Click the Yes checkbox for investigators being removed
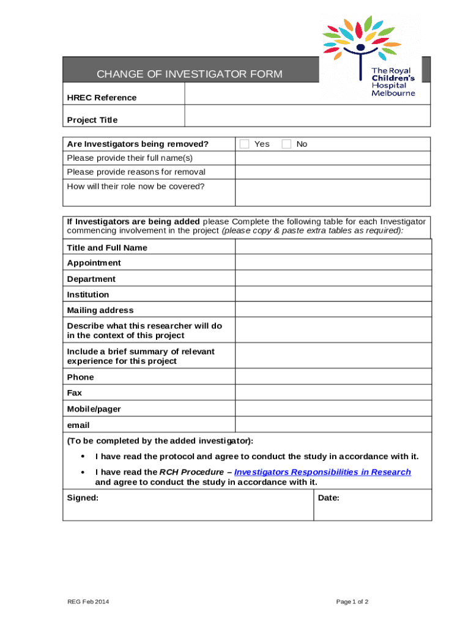click(245, 144)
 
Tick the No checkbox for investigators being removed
click(286, 144)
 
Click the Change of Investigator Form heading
click(190, 74)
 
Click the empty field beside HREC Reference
click(307, 94)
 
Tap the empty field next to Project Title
click(307, 116)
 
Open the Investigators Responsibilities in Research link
click(322, 472)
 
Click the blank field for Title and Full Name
click(333, 247)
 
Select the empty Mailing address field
click(333, 310)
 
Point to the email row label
click(78, 425)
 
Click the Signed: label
click(83, 498)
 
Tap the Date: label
click(329, 498)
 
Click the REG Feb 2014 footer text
click(88, 602)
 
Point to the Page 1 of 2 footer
click(352, 602)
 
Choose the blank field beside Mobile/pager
click(333, 408)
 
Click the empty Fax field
click(333, 392)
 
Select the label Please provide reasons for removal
click(136, 172)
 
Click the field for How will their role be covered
click(333, 193)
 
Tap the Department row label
click(91, 279)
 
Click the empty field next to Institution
click(333, 294)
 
